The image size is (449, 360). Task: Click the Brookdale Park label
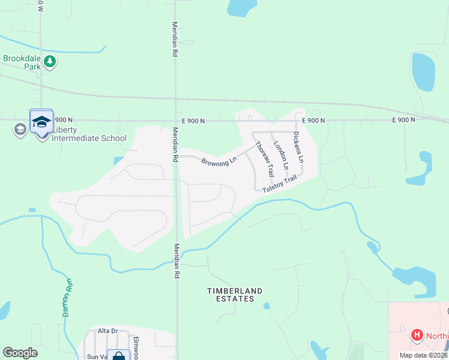22,62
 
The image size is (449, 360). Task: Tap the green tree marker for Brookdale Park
50,62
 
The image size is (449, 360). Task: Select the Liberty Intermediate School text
89,134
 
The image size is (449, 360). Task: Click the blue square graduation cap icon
41,121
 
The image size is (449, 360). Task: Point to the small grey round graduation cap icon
20,129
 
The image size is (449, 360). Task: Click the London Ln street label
281,154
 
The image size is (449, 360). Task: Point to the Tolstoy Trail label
280,183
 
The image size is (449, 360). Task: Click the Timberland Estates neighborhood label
235,295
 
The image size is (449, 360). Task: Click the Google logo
20,353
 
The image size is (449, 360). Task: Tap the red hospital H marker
416,335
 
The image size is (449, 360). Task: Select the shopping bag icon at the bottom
118,356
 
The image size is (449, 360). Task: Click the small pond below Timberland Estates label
267,306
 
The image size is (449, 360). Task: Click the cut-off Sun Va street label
95,356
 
